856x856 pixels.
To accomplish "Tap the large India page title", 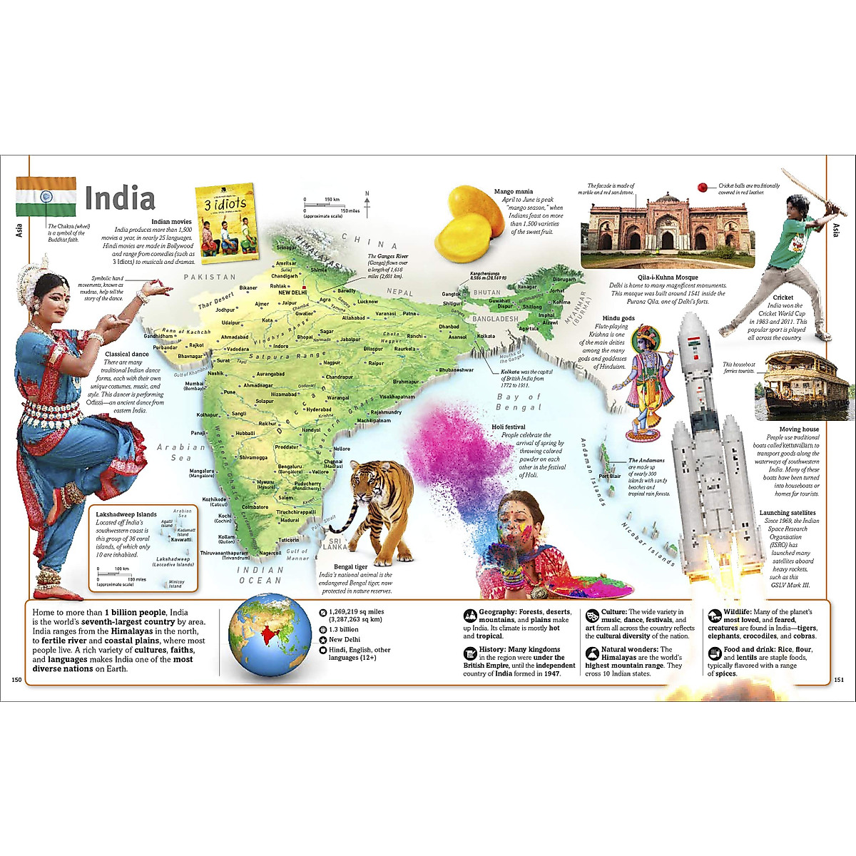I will pos(119,198).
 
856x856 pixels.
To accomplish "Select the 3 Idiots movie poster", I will pos(225,222).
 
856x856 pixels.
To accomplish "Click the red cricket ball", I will pos(703,188).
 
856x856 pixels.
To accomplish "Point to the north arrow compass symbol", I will pos(367,204).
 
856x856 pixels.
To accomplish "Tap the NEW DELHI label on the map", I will pos(292,292).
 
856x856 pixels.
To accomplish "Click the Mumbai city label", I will pos(195,385).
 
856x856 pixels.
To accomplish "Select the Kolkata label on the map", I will pos(486,336).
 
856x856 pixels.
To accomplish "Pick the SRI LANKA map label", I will pos(335,544).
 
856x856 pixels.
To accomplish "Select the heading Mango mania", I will pos(513,192).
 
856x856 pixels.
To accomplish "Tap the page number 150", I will pos(18,679).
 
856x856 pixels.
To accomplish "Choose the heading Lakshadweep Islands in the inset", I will pos(126,514).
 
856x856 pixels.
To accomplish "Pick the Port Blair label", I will pos(610,476).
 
